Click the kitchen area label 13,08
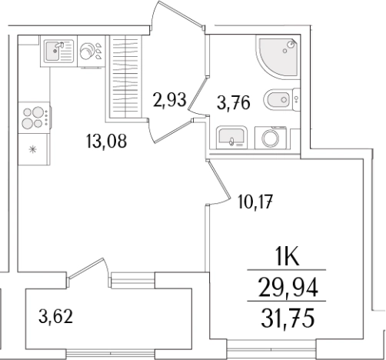(x=106, y=141)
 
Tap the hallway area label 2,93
(x=169, y=99)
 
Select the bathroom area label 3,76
(x=233, y=102)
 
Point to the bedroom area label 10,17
(x=255, y=202)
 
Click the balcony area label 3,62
(x=55, y=316)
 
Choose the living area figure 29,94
(x=288, y=288)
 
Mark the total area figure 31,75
(x=288, y=318)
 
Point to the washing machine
(x=271, y=138)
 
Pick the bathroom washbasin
(x=231, y=138)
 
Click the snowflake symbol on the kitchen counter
(x=32, y=149)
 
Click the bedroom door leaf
(x=218, y=179)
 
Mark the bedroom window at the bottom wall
(x=271, y=348)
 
